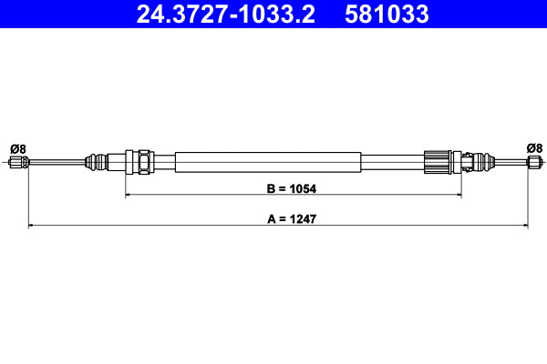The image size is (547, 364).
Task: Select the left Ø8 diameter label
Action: coord(16,148)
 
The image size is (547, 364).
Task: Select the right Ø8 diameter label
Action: coord(534,147)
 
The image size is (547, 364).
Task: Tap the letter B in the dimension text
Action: coord(271,190)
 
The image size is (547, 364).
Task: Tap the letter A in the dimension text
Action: coord(271,219)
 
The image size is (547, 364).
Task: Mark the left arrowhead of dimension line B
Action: coord(129,195)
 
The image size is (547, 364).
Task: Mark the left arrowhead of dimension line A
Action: coord(34,224)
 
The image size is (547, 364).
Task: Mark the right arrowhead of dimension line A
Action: coord(525,224)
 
